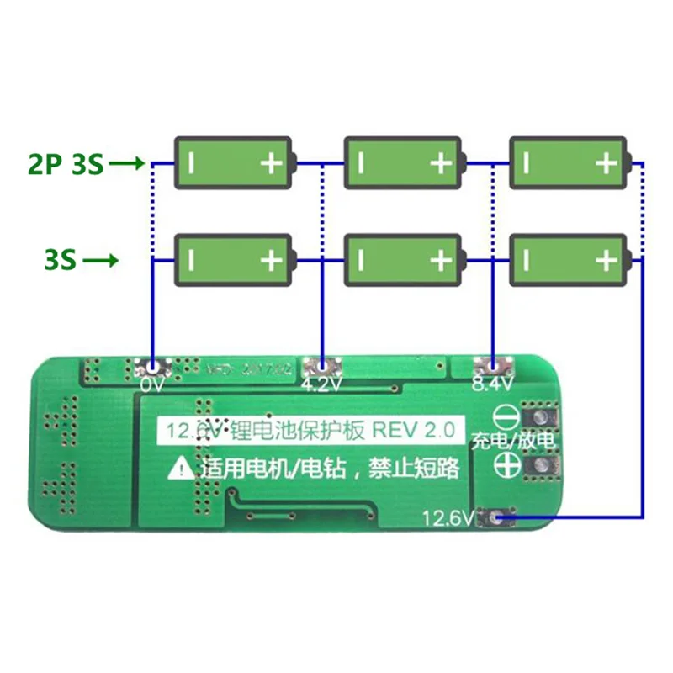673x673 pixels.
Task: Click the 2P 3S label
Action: click(65, 164)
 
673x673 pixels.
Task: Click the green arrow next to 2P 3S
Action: click(128, 164)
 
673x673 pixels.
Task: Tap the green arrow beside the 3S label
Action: click(99, 261)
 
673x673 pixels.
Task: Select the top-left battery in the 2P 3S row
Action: click(234, 162)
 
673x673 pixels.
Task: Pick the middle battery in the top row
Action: click(404, 162)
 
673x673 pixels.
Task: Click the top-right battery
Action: click(569, 162)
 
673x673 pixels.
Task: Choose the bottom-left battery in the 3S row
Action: click(234, 261)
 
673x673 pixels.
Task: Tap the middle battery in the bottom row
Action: click(404, 261)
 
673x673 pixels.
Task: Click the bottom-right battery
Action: click(569, 261)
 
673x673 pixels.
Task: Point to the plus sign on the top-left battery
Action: click(271, 162)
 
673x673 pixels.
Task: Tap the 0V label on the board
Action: click(151, 384)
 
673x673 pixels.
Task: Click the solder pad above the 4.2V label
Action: click(320, 366)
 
